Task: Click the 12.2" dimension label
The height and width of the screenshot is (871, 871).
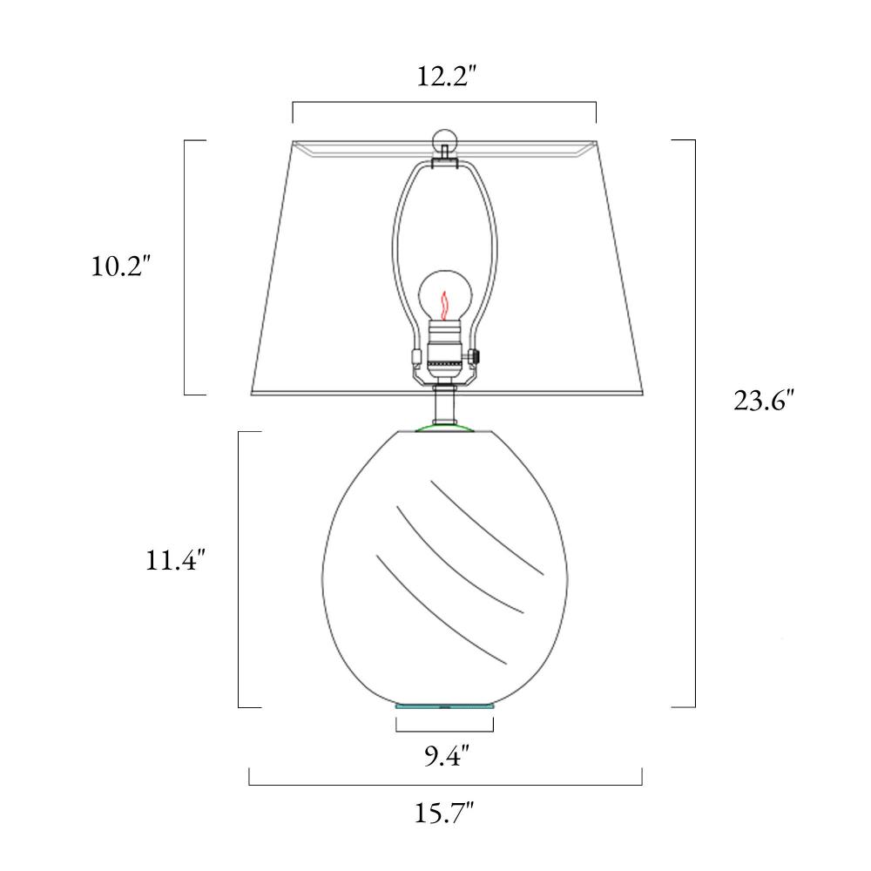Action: click(447, 76)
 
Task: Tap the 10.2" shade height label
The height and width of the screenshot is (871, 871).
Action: click(121, 266)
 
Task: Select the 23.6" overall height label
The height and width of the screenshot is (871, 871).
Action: click(764, 400)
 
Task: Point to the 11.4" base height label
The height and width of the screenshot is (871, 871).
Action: click(176, 559)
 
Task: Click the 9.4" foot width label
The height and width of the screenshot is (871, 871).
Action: click(447, 755)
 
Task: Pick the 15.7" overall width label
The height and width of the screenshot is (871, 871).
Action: click(444, 814)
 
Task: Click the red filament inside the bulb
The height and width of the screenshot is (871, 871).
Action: click(444, 306)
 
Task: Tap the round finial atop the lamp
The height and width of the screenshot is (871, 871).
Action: click(444, 140)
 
